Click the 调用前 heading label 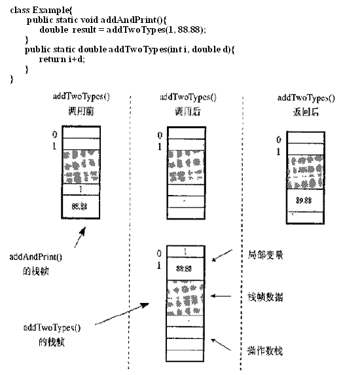tap(81, 111)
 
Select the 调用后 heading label tap(188, 112)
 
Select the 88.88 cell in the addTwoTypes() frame tap(187, 268)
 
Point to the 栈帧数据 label tap(266, 296)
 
